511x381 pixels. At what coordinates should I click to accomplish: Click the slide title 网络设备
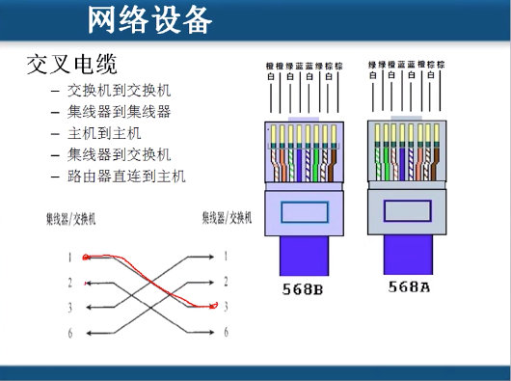click(x=148, y=18)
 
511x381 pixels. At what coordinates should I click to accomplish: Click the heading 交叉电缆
click(x=71, y=66)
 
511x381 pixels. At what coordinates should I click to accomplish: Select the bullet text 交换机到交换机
click(x=119, y=91)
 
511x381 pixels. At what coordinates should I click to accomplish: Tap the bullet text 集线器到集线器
click(x=119, y=111)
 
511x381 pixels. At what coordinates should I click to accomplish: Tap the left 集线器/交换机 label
click(x=70, y=219)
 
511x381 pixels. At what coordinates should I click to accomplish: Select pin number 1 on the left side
click(x=69, y=258)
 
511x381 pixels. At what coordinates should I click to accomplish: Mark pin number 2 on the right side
click(x=226, y=282)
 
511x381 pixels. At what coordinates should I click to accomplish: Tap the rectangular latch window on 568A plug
click(x=409, y=211)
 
